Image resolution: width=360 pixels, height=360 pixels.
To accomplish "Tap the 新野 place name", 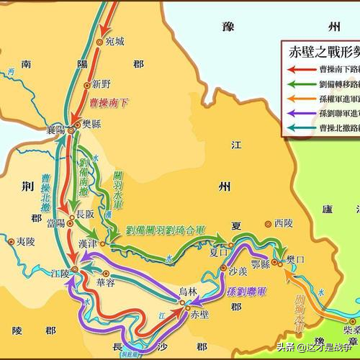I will [x=102, y=83].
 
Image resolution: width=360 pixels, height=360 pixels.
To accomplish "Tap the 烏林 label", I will [x=189, y=291].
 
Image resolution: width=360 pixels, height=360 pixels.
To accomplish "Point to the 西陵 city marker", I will [x=269, y=224].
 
